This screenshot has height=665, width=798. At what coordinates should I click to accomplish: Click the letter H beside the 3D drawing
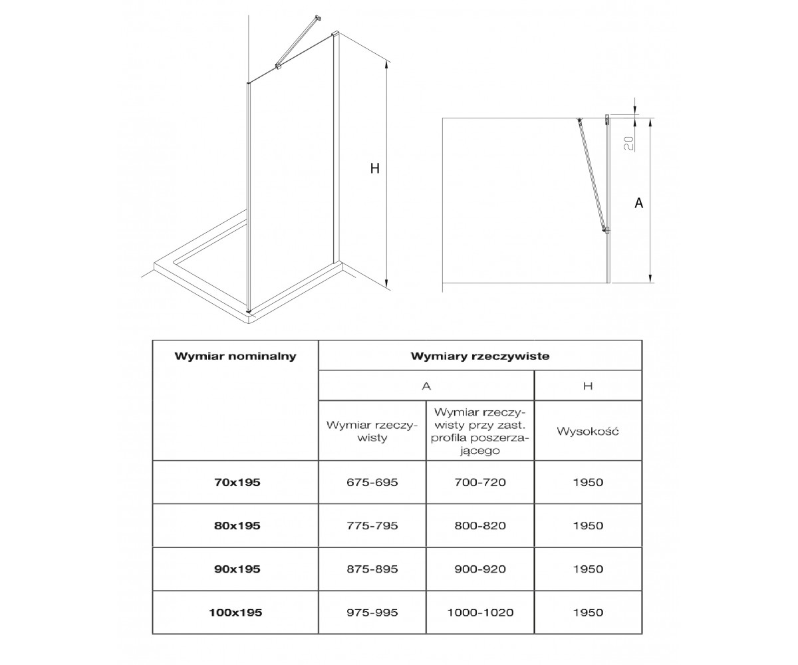(x=374, y=168)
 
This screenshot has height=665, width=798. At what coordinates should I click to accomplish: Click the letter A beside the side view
(x=638, y=203)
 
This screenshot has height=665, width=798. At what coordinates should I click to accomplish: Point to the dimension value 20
(x=628, y=143)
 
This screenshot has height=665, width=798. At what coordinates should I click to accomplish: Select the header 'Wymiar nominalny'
(x=235, y=356)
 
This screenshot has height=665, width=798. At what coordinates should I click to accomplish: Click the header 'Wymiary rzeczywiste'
(x=480, y=356)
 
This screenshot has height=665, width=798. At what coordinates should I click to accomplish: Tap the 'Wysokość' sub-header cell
(x=588, y=431)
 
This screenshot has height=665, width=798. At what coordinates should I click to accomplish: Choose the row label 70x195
(x=237, y=482)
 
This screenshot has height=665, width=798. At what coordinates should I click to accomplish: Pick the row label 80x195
(x=237, y=525)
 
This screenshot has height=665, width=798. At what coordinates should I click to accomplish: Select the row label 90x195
(x=237, y=569)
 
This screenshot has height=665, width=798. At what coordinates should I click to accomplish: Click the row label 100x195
(x=235, y=612)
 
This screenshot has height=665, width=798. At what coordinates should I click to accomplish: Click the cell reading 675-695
(x=372, y=482)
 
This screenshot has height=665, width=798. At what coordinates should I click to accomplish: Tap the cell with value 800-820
(x=480, y=525)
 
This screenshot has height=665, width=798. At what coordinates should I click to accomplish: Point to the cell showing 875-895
(x=372, y=569)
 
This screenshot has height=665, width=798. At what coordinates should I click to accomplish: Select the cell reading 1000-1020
(x=480, y=612)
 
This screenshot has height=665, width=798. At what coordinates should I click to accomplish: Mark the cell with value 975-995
(x=372, y=612)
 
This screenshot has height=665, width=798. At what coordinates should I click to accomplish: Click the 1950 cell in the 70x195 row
(x=588, y=482)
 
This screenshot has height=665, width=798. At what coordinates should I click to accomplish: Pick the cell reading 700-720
(x=480, y=482)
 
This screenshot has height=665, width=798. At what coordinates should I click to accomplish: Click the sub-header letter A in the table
(x=426, y=386)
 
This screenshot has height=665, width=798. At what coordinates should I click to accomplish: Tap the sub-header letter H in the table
(x=588, y=386)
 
